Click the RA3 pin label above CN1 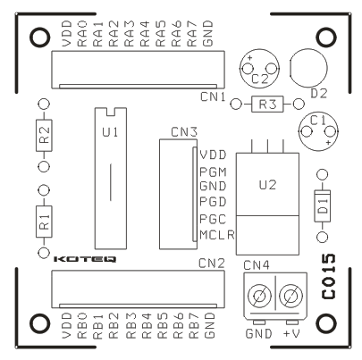pyautogui.click(x=130, y=34)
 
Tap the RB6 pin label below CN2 pyautogui.click(x=178, y=325)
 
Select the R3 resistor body pyautogui.click(x=267, y=105)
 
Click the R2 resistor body pyautogui.click(x=44, y=135)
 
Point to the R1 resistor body pyautogui.click(x=44, y=222)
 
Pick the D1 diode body pyautogui.click(x=322, y=205)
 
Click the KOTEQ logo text pyautogui.click(x=85, y=259)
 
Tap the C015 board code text pyautogui.click(x=329, y=277)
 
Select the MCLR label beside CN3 pyautogui.click(x=217, y=235)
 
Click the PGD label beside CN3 pyautogui.click(x=213, y=202)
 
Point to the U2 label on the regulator pyautogui.click(x=267, y=185)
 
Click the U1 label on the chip pyautogui.click(x=110, y=132)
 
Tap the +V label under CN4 pyautogui.click(x=290, y=334)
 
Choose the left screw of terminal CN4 pyautogui.click(x=259, y=297)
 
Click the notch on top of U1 pyautogui.click(x=111, y=112)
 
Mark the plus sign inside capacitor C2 pyautogui.click(x=250, y=58)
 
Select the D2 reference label pyautogui.click(x=319, y=94)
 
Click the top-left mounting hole pyautogui.click(x=39, y=38)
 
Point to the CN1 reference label pyautogui.click(x=213, y=96)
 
